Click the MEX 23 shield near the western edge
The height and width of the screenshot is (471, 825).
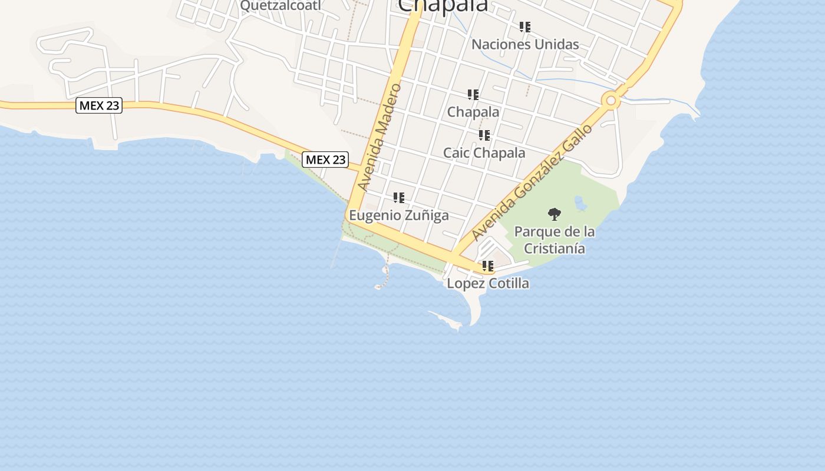(99, 106)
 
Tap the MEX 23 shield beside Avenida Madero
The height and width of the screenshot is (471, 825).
(325, 160)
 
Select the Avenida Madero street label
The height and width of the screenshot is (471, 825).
(379, 138)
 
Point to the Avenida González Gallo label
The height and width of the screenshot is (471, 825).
(532, 183)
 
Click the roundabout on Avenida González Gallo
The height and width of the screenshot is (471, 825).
(611, 101)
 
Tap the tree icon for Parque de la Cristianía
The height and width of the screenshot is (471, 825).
(554, 214)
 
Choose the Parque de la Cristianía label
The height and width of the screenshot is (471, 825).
(555, 240)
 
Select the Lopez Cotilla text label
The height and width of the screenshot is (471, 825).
(488, 283)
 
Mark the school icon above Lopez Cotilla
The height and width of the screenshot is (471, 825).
(488, 266)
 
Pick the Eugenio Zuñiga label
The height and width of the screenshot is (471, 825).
(399, 215)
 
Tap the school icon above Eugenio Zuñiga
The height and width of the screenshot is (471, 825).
(399, 198)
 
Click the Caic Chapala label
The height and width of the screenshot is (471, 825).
(484, 153)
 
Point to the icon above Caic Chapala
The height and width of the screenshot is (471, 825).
(484, 136)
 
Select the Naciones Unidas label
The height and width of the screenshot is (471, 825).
(525, 44)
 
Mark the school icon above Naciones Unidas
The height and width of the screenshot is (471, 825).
(525, 27)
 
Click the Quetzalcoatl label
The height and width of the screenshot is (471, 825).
(280, 5)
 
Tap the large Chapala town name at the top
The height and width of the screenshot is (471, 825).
(443, 5)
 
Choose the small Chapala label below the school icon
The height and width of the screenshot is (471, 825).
(473, 112)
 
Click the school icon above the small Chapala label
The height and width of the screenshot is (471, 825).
(473, 95)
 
